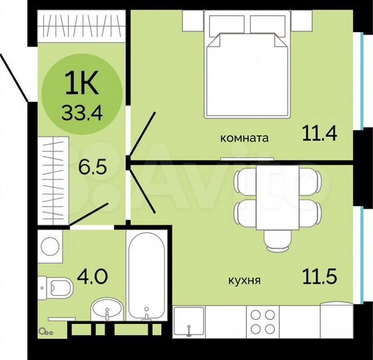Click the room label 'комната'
click(244, 139)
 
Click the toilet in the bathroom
click(55, 289)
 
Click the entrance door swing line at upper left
click(15, 77)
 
